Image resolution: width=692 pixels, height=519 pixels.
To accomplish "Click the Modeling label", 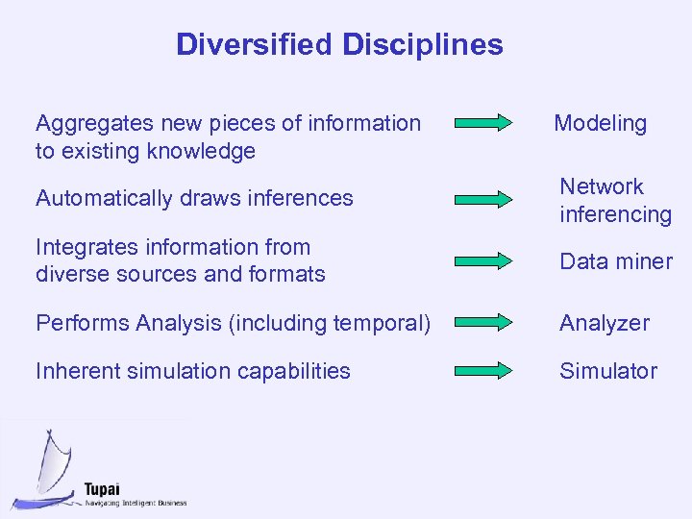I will (600, 123).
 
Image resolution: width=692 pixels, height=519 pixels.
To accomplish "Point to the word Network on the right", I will (602, 186).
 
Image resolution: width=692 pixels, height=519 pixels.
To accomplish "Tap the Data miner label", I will (616, 261).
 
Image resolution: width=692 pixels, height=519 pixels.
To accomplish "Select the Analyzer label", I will (605, 324).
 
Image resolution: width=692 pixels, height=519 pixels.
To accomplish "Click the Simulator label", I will (608, 371).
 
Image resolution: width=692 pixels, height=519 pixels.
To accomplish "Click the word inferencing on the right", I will (615, 213).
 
